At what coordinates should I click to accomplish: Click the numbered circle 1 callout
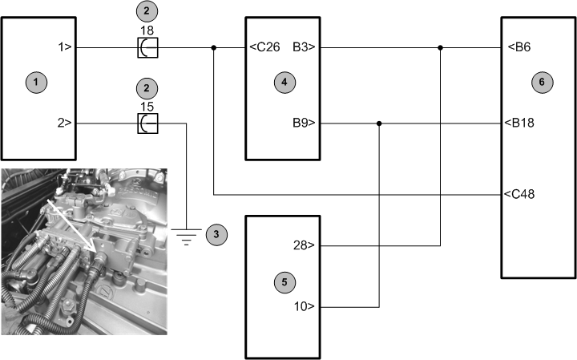coord(33,81)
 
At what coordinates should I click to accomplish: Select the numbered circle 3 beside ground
coord(215,234)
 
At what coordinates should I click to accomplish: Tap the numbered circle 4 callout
coord(281,81)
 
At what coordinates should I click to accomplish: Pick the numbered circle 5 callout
coord(281,281)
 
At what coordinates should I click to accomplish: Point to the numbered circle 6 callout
coord(541,81)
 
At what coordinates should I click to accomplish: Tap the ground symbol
coord(186,235)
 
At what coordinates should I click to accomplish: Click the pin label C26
coord(265,47)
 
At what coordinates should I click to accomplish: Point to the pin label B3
coord(305,47)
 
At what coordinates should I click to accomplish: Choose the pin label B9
coord(305,123)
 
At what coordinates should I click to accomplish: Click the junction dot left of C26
coord(214,48)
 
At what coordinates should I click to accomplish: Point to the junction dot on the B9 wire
coord(379,123)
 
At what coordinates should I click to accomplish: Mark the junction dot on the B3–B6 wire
coord(441,48)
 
